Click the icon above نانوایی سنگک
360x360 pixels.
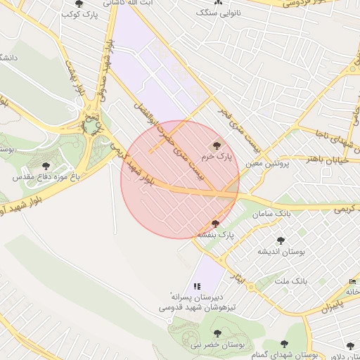219,3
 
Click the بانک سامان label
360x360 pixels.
274,212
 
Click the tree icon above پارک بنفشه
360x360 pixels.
214,224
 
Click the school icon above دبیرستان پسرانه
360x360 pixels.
197,286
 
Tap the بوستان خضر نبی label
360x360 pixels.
212,345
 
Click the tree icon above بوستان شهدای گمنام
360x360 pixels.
284,344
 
